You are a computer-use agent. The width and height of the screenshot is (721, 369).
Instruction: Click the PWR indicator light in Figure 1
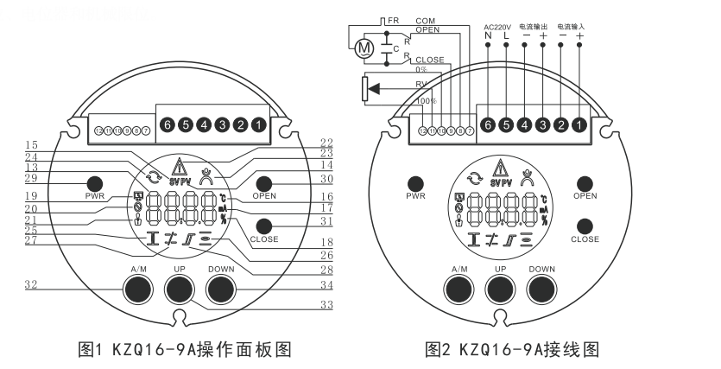(x=94, y=183)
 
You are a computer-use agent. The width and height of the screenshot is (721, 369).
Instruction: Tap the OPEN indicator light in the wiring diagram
(x=584, y=184)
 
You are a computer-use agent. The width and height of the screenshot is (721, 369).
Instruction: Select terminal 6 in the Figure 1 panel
(x=168, y=125)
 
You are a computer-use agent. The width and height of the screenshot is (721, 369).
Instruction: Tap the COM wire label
(x=425, y=19)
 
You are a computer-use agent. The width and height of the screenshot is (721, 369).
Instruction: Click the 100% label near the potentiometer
(x=425, y=102)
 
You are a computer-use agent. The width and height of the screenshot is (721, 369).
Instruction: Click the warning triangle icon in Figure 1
(x=181, y=168)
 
